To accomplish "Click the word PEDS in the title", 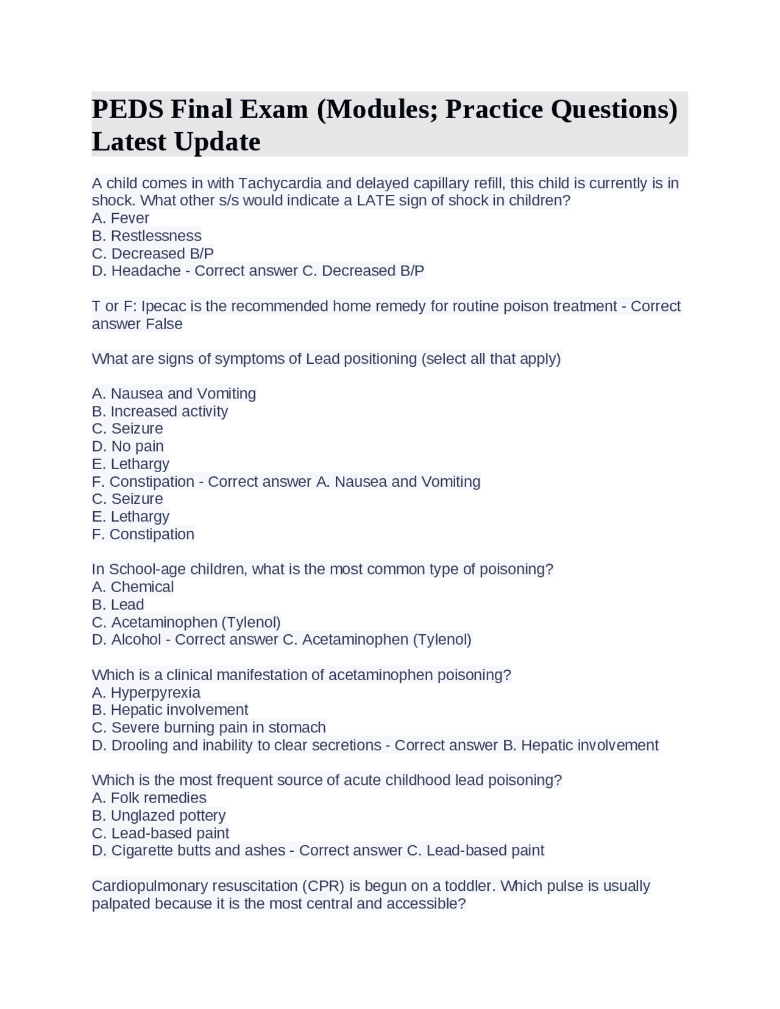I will coord(127,110).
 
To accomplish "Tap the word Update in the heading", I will coord(217,142).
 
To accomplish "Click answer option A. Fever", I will coord(121,218).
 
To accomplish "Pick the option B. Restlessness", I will coord(147,236).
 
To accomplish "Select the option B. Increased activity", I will coord(160,411).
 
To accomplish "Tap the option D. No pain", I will coord(128,446).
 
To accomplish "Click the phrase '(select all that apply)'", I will coord(491,359).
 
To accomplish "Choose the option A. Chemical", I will coord(133,587).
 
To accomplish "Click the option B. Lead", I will coord(118,604).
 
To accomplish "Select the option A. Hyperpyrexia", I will coord(146,693).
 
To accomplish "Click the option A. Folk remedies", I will coord(149,798).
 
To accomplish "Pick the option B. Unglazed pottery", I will coord(159,815).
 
